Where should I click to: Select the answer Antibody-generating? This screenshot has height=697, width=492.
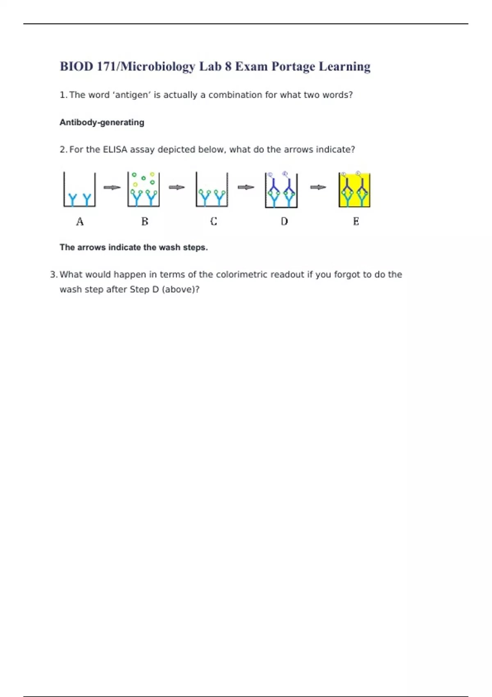pos(102,122)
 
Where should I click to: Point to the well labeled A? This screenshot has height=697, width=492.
pos(80,190)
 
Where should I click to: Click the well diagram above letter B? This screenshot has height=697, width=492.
pos(143,190)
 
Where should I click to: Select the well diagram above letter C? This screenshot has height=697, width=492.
pos(212,190)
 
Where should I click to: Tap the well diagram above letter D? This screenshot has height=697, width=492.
pos(281,190)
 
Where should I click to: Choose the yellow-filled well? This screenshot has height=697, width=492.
pos(355,190)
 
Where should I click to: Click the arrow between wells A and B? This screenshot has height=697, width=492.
pos(112,188)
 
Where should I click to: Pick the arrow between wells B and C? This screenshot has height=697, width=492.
pos(177,187)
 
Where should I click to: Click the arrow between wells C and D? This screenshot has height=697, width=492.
pos(246,187)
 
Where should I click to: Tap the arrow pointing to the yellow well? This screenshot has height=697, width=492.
pos(318,187)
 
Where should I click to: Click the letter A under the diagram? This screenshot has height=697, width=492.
pos(80,222)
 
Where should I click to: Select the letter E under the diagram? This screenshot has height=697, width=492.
pos(356,222)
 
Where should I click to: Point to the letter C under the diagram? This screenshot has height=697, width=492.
pos(214,222)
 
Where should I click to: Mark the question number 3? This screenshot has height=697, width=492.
pos(53,275)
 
